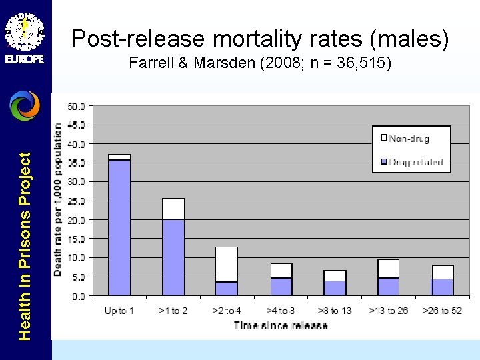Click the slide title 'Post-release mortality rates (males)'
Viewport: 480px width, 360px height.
click(260, 39)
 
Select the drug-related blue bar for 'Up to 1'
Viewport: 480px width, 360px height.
click(119, 227)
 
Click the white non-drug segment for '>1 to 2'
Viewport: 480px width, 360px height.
click(173, 209)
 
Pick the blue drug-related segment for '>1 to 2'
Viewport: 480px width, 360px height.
click(173, 257)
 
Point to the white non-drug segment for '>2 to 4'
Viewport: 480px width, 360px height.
click(227, 264)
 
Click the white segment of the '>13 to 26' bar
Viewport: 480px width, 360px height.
click(389, 269)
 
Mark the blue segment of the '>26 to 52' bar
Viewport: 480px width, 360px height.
click(443, 287)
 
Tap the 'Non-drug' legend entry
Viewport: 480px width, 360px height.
click(409, 139)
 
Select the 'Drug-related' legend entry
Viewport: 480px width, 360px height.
click(415, 162)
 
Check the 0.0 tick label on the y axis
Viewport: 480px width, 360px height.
click(79, 295)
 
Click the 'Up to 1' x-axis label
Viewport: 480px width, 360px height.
click(119, 311)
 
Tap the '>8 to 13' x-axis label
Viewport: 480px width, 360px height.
click(335, 311)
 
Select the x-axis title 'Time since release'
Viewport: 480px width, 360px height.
click(281, 325)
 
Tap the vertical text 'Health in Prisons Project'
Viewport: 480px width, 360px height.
click(25, 246)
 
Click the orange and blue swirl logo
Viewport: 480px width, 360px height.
click(25, 105)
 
